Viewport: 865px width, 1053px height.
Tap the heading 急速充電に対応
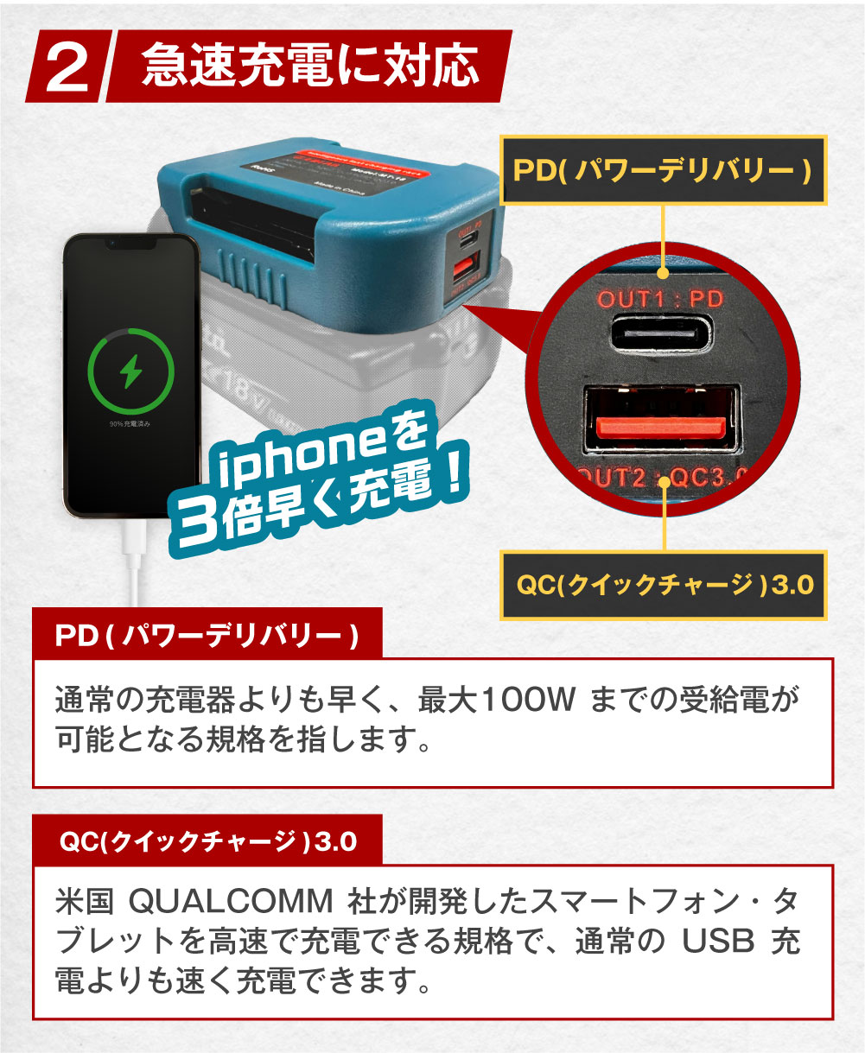(x=309, y=66)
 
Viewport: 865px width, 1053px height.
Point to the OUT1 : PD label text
(x=661, y=300)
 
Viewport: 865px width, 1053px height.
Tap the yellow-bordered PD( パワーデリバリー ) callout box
(x=663, y=170)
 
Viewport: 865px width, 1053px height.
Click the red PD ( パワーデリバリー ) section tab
(x=207, y=637)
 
